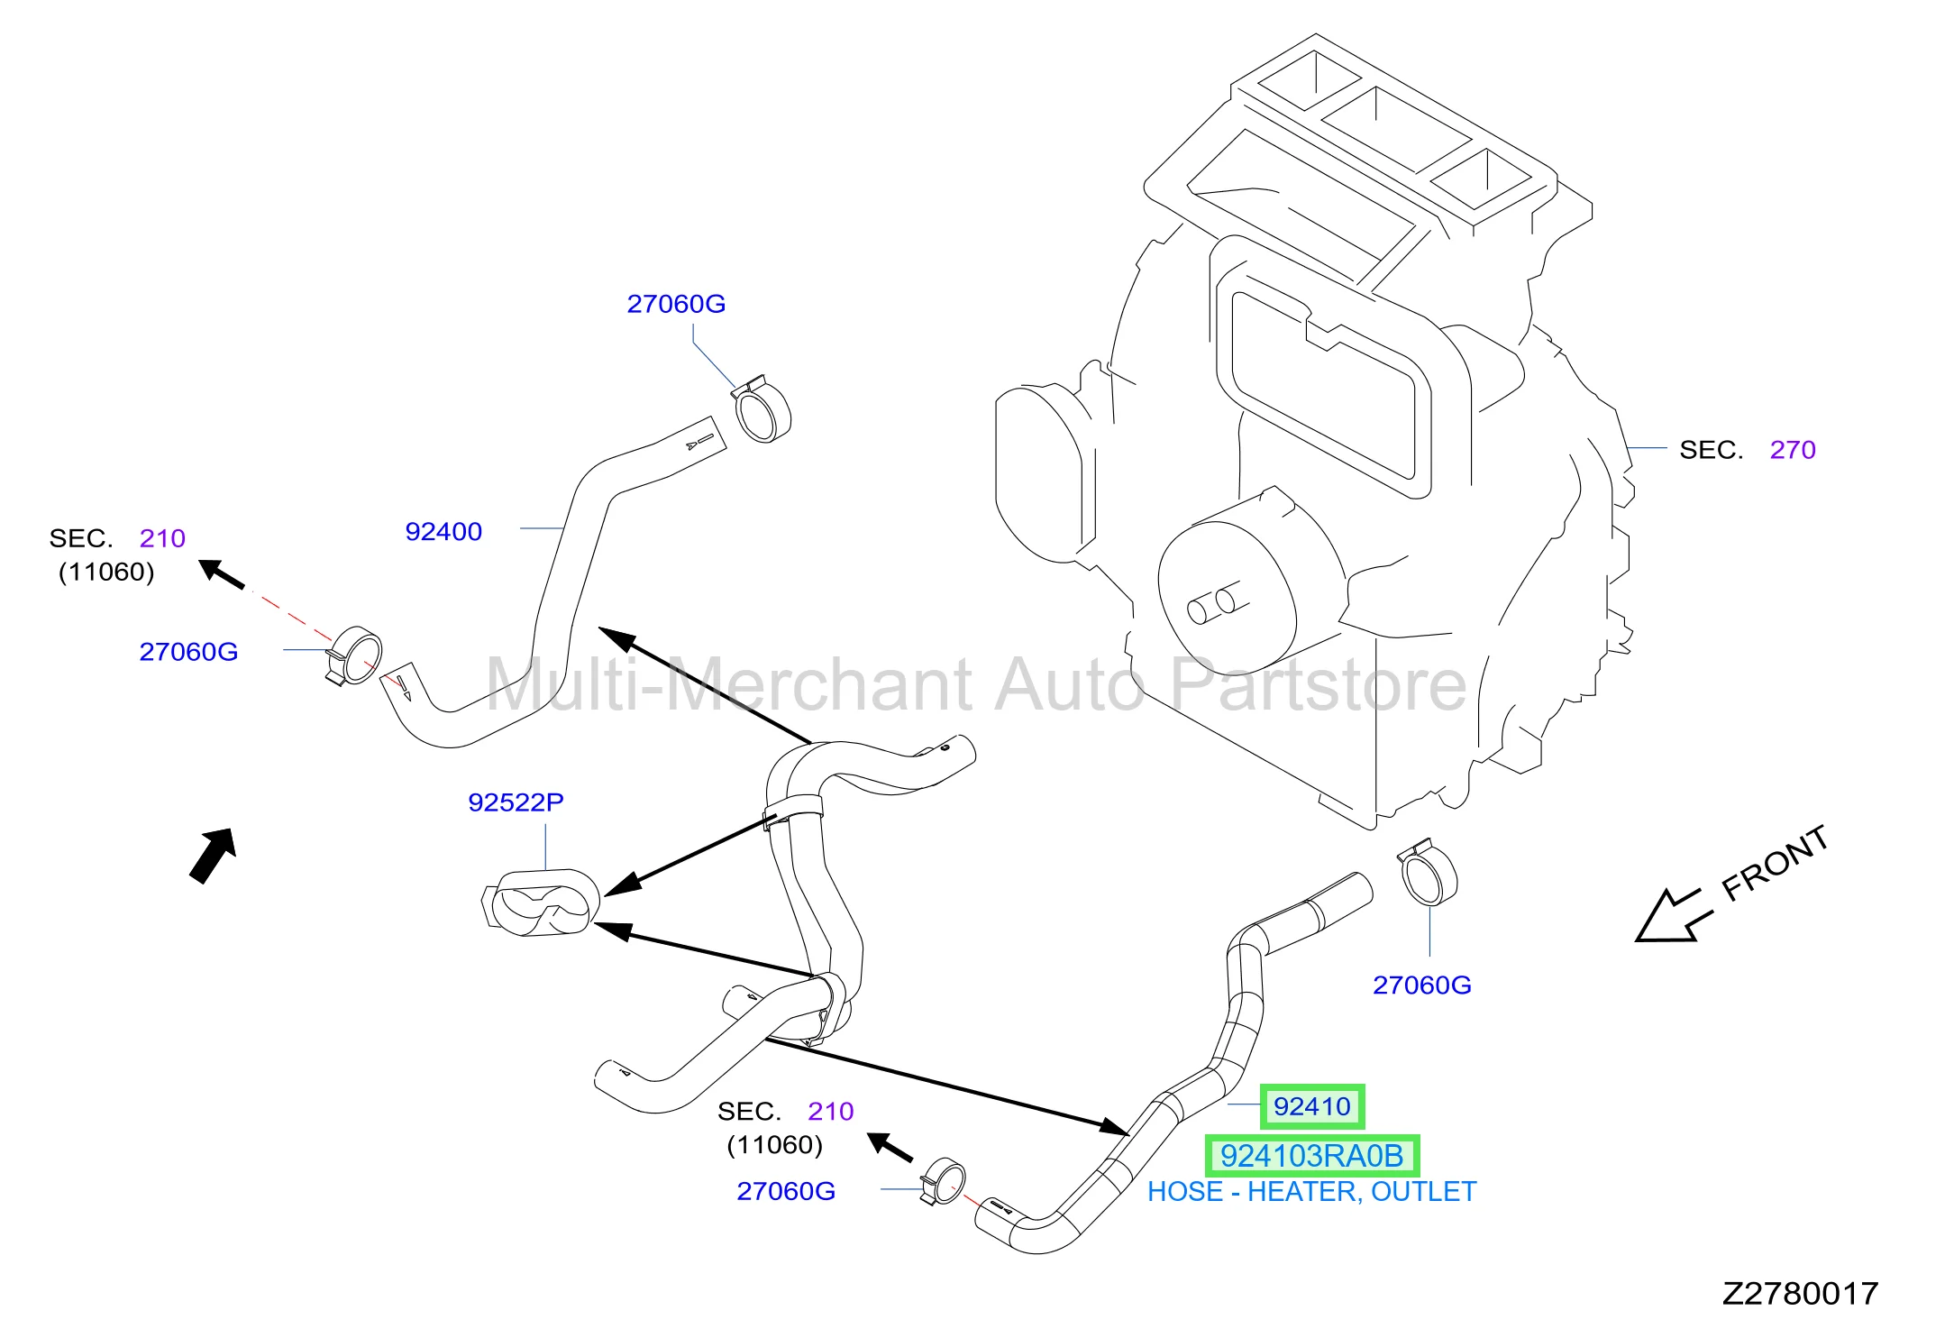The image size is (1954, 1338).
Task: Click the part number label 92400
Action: [x=443, y=532]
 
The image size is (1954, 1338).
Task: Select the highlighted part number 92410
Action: [x=1311, y=1106]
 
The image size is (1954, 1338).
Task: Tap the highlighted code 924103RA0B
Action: [x=1311, y=1156]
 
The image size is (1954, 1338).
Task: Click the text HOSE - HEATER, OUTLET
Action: [x=1311, y=1192]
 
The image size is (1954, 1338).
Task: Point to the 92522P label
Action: [x=516, y=802]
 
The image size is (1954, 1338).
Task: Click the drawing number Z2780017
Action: [x=1800, y=1294]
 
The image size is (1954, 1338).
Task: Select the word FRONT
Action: [x=1775, y=863]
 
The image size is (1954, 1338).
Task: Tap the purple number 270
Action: [x=1793, y=450]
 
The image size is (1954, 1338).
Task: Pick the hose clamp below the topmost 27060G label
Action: [x=762, y=410]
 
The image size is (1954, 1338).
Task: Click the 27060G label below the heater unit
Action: [x=1421, y=985]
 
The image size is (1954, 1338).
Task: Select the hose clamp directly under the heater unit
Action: [x=1427, y=872]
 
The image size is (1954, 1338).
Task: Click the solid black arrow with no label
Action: [x=214, y=856]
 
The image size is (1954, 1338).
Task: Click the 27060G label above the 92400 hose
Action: [x=676, y=304]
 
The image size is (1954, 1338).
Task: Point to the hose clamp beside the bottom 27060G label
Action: [x=943, y=1180]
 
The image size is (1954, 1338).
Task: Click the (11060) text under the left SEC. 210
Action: [x=106, y=573]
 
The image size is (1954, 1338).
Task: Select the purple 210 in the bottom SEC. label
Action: [x=830, y=1112]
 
